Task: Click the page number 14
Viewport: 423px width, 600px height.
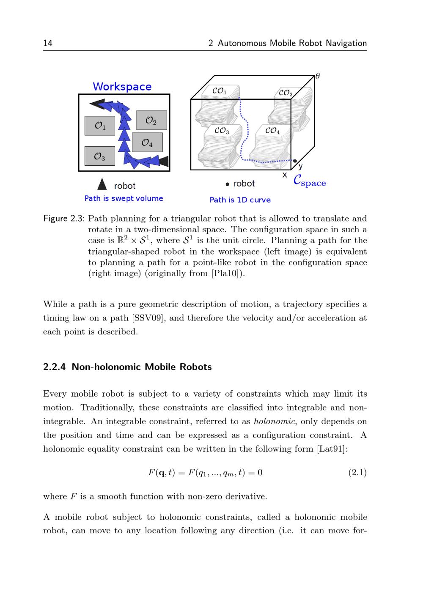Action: [48, 43]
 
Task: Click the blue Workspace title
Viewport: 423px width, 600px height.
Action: [122, 87]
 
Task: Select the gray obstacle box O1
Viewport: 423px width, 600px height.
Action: [100, 126]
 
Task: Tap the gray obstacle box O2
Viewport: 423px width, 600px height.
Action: [151, 120]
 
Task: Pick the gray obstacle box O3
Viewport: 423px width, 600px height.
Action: [99, 156]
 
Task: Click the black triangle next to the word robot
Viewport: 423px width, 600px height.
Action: [102, 184]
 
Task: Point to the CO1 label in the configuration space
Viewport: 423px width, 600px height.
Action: [219, 91]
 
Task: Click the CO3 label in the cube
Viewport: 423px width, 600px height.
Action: [222, 131]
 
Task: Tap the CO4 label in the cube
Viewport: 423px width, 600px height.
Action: [272, 131]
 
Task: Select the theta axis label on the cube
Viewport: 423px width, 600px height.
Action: [318, 76]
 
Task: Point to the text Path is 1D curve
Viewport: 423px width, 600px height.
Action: [240, 200]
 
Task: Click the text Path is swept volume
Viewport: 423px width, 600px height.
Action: [124, 198]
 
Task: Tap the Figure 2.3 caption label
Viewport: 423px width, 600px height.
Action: [64, 219]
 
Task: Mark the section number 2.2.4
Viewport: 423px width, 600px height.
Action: [55, 367]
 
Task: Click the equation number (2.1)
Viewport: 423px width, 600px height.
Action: [357, 472]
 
